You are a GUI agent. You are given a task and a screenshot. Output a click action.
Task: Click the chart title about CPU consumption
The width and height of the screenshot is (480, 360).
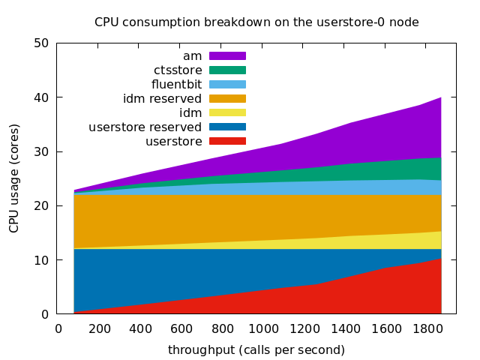coord(256,22)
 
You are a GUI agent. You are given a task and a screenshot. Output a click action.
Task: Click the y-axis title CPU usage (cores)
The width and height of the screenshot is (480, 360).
coord(14,178)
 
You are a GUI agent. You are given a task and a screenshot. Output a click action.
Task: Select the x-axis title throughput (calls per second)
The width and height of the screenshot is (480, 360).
coord(256,350)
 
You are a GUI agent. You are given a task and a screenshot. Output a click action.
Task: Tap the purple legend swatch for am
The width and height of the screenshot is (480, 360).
coord(227,56)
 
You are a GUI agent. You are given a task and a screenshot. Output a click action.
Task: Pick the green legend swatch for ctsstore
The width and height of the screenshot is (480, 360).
coord(227,70)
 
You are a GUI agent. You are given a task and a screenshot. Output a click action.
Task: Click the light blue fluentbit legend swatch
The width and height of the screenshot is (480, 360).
coord(227,84)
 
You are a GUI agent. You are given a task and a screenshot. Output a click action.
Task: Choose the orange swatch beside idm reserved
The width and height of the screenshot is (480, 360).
coord(227,98)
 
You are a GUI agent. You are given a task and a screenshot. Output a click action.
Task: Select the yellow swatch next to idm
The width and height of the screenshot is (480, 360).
coord(227,112)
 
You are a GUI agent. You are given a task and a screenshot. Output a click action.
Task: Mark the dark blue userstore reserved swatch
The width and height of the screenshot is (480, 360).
coord(227,127)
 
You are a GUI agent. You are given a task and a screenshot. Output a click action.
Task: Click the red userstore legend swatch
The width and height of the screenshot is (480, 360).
coord(227,141)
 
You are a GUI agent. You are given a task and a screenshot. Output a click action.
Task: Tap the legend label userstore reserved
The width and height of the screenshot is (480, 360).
coord(145,127)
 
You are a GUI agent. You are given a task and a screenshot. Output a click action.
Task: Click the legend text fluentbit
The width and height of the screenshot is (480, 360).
coord(176,84)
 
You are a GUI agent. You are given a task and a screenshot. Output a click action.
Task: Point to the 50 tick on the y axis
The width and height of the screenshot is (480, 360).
coord(42,43)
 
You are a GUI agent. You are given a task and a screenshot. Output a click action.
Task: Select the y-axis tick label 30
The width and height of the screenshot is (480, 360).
coord(42,151)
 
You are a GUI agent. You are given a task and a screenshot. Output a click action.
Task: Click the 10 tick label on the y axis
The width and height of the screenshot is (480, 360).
coord(42,260)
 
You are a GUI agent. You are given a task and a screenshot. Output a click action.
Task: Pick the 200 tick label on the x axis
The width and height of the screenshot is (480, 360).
coord(100,328)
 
